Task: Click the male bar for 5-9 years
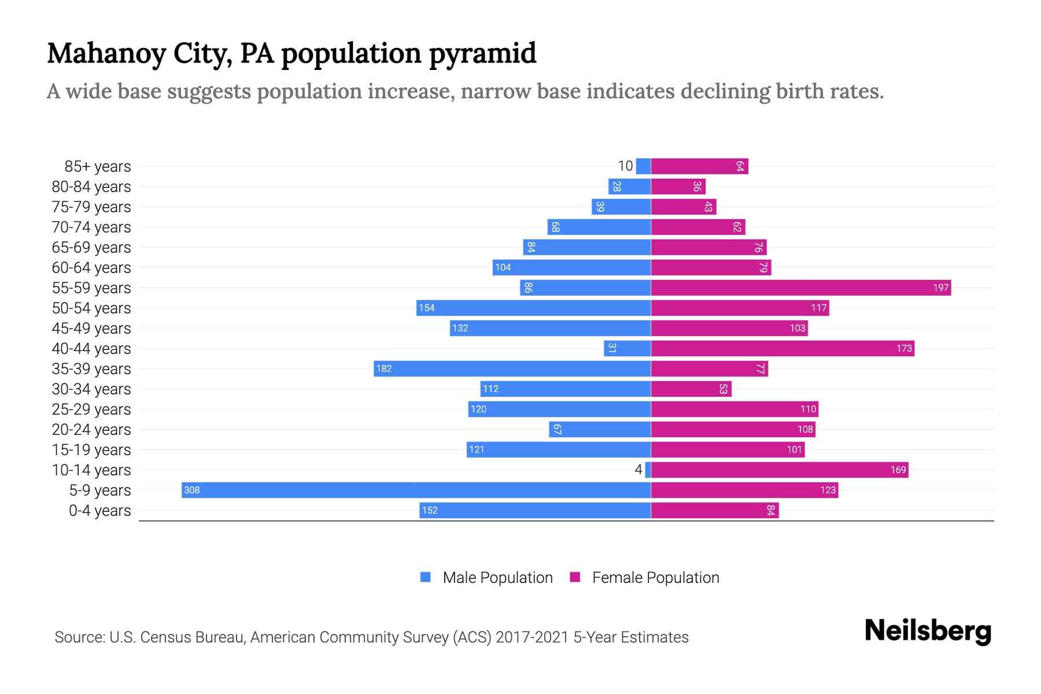click(416, 490)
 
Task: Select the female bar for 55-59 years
click(801, 287)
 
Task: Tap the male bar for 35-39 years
click(512, 368)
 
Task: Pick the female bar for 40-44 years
click(782, 348)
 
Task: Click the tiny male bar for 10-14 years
click(648, 470)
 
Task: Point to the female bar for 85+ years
click(700, 166)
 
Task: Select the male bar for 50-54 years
click(534, 308)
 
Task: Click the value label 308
click(191, 490)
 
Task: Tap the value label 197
click(940, 287)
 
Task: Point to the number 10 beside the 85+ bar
click(625, 166)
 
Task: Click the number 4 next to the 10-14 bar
click(638, 470)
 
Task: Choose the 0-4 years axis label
click(99, 511)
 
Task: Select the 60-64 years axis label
click(91, 268)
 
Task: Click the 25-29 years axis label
click(91, 409)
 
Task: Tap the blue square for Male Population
click(426, 577)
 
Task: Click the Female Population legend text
click(655, 577)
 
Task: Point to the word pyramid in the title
click(482, 53)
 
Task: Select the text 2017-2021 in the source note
click(532, 637)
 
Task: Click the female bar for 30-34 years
click(691, 389)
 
